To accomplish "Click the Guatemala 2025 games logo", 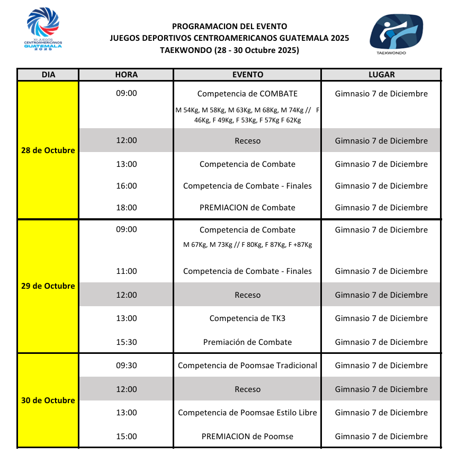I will coord(43,29).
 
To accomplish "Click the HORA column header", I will coord(126,75).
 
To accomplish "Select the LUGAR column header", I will coord(381,75).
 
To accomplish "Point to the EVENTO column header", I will coord(247,75).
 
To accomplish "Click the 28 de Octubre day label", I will coord(48,150).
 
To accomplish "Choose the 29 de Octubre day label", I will coord(48,286).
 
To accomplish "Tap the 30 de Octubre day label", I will coord(48,400).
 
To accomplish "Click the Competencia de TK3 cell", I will coord(247,318).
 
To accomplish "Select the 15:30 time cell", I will coord(127,342).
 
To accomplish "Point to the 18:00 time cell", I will coord(127,208).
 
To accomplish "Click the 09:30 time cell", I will coord(127,366).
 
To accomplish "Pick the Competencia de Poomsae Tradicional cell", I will coord(247,366).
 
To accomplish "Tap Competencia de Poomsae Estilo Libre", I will coord(247,413).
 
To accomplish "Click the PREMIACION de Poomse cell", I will coord(247,437).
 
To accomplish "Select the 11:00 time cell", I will coord(127,271).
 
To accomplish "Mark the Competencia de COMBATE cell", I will coord(247,94).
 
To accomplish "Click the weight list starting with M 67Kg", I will coord(247,245).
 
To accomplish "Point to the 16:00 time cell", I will coord(127,186).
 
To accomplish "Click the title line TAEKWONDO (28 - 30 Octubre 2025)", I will coord(229,50).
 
